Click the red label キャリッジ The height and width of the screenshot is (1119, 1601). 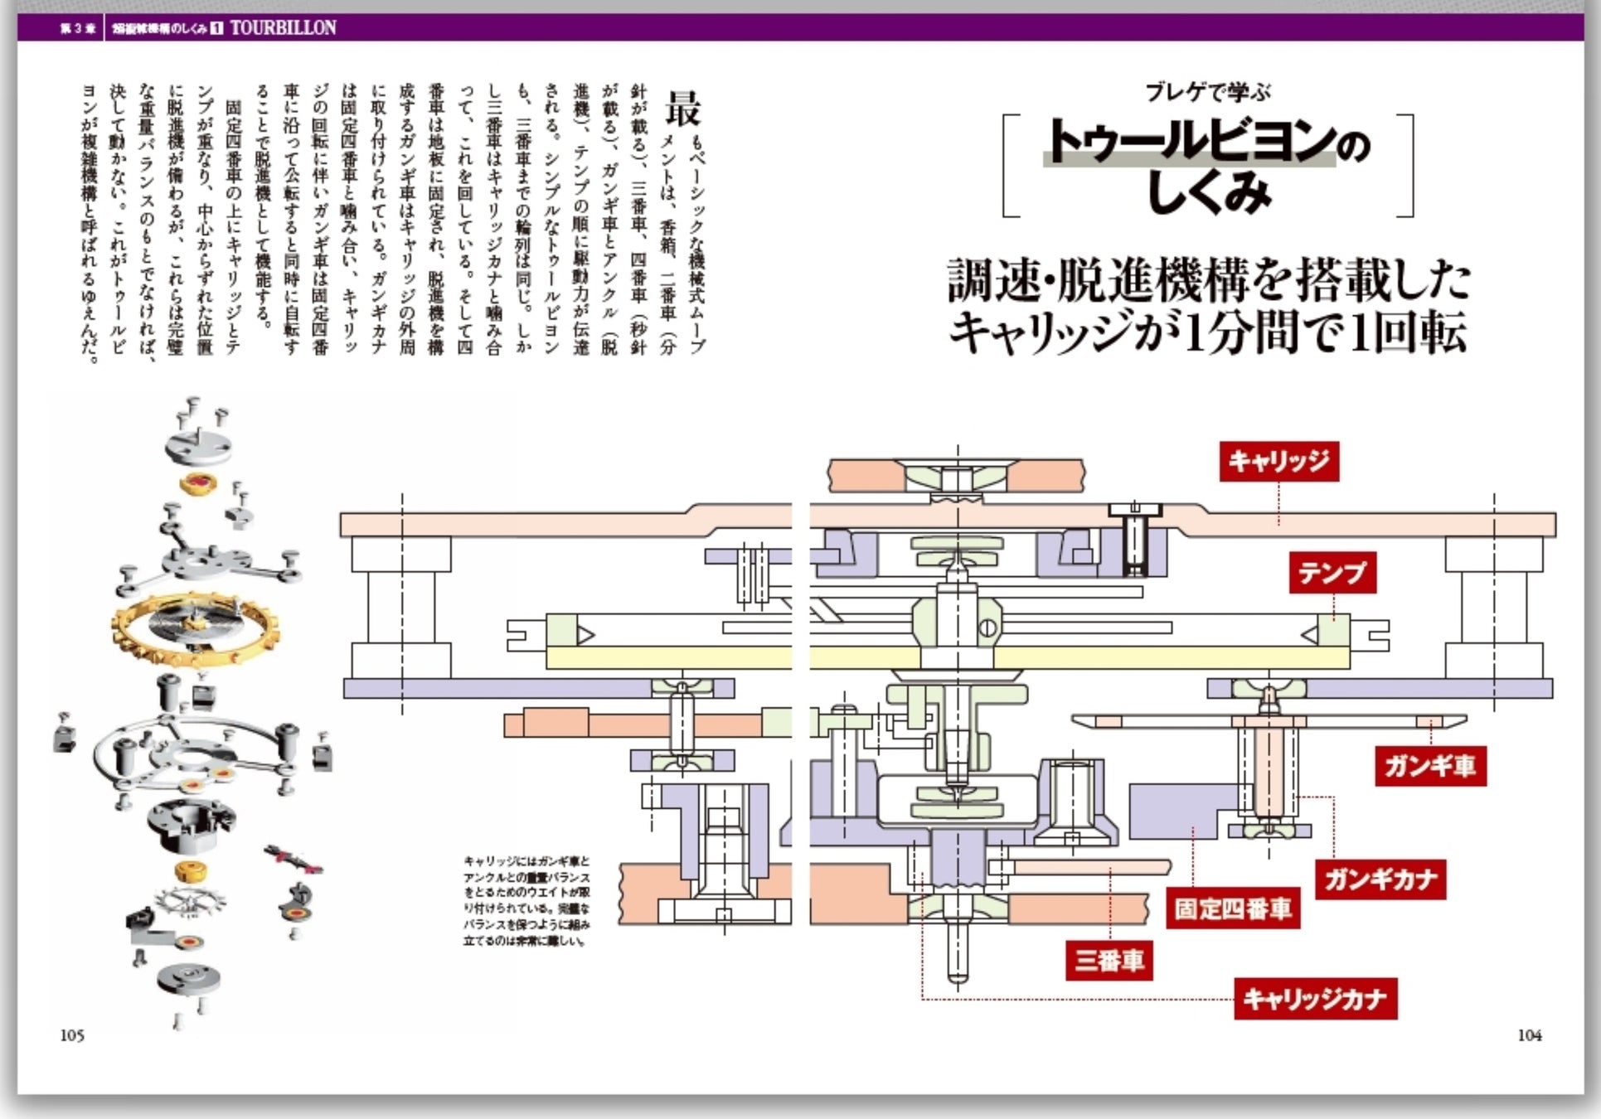tap(1278, 461)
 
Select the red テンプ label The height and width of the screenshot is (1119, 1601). tap(1332, 573)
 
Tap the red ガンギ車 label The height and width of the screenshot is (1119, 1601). tap(1429, 765)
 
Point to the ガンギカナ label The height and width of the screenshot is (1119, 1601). tap(1380, 879)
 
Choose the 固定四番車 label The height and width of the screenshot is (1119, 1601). tap(1233, 908)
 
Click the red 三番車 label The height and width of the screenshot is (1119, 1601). tap(1109, 961)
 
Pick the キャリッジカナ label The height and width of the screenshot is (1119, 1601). tap(1315, 999)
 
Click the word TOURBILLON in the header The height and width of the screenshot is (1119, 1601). tap(283, 27)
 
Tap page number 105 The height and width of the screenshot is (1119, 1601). tap(72, 1035)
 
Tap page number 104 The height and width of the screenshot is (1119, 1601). tap(1530, 1035)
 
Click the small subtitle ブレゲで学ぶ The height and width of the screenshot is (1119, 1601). tap(1207, 92)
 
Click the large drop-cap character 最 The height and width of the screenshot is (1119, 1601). tap(683, 109)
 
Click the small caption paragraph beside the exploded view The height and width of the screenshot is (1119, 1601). tap(526, 901)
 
